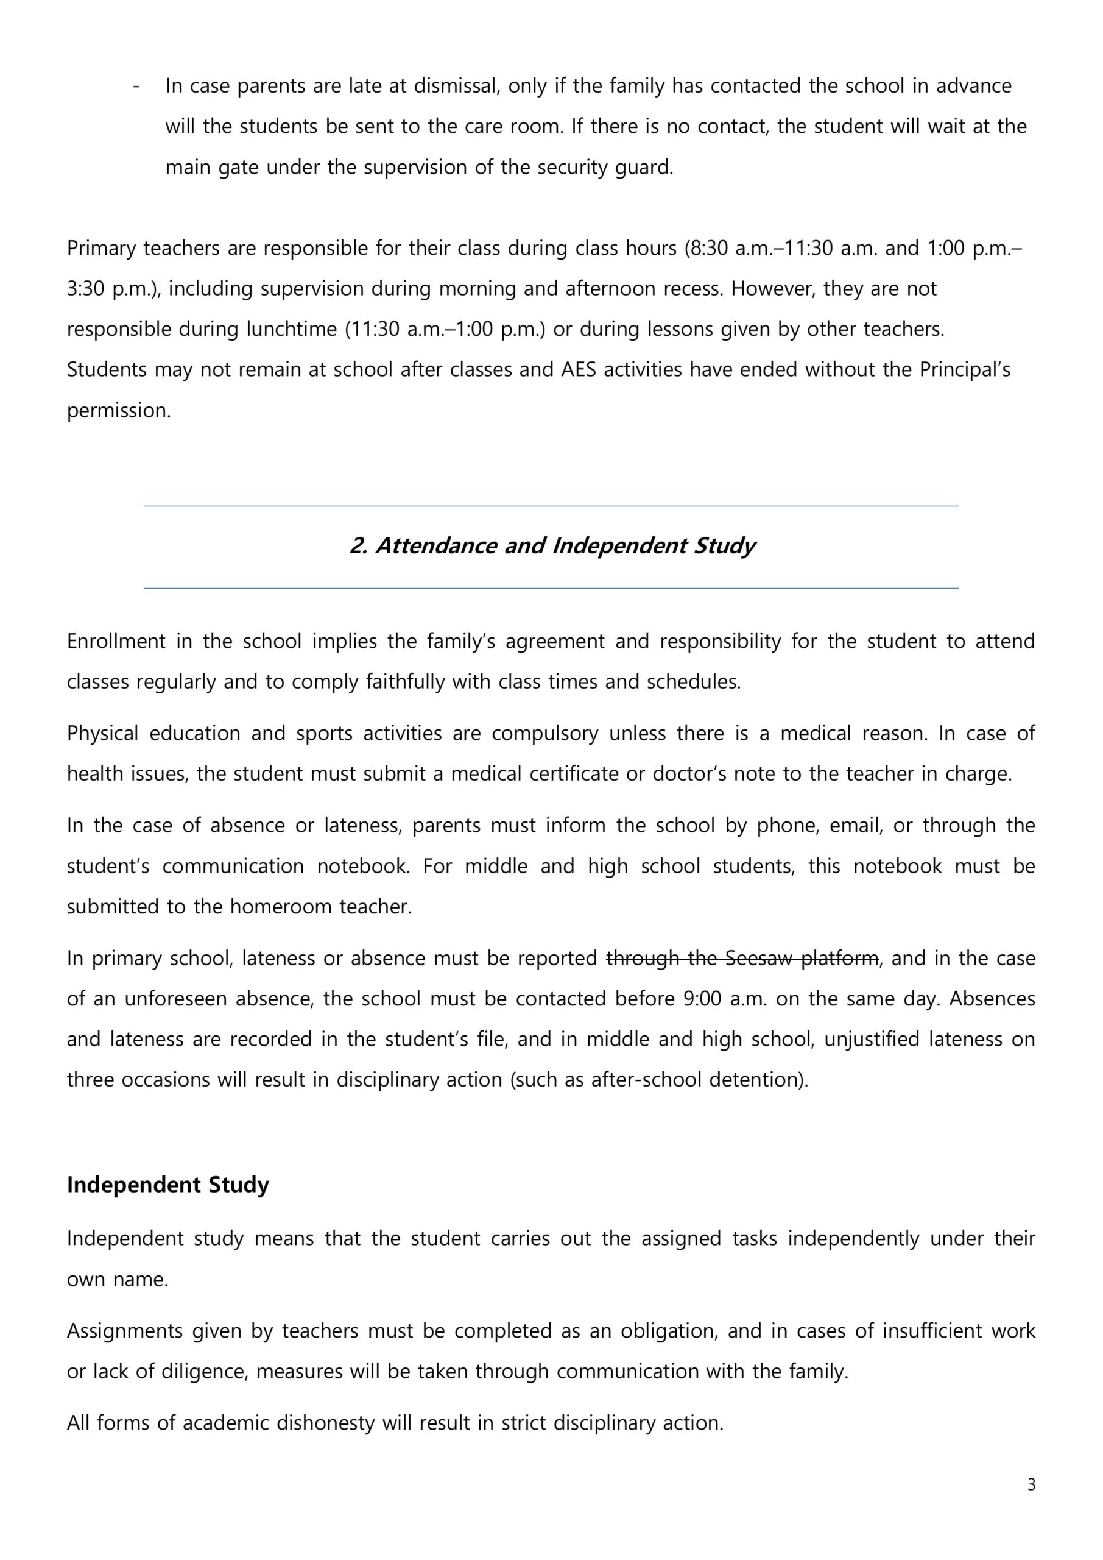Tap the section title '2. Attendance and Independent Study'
coord(552,545)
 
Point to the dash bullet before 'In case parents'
coord(137,87)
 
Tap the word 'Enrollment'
coord(116,642)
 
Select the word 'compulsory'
coord(544,733)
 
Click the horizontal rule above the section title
coord(552,506)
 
